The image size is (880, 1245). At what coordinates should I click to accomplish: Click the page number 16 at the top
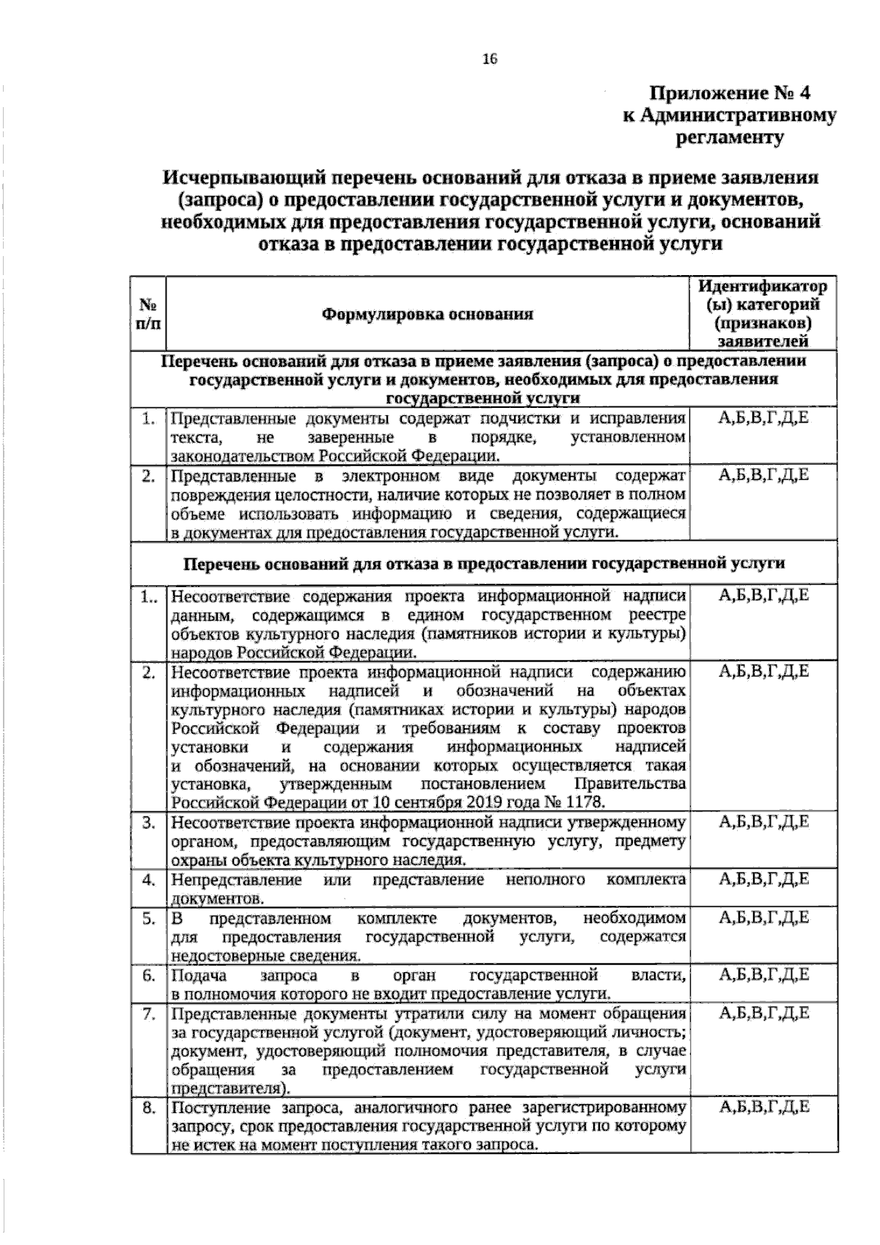point(489,60)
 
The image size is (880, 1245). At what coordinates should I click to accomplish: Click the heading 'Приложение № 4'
point(730,94)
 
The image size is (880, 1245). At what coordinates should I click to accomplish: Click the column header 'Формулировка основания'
point(427,315)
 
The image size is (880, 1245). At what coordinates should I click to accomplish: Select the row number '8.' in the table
point(149,1108)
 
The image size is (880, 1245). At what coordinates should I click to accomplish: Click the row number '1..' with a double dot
point(147,597)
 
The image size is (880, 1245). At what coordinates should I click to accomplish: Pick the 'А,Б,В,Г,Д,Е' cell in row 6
point(763,975)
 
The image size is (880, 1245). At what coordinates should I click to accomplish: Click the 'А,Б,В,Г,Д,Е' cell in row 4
point(763,879)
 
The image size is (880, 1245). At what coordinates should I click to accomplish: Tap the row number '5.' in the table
point(149,918)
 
